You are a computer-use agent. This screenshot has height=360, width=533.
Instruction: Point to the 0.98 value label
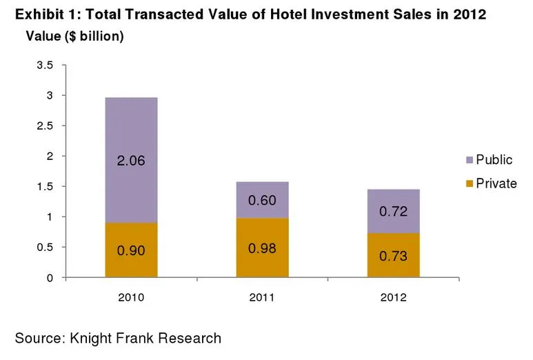[263, 247]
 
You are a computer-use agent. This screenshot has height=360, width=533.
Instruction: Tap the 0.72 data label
[394, 211]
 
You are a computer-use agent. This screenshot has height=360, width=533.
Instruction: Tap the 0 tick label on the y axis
[50, 278]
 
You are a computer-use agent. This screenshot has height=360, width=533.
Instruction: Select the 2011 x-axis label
[263, 298]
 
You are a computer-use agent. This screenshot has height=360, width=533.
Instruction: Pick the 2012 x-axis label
[394, 298]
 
